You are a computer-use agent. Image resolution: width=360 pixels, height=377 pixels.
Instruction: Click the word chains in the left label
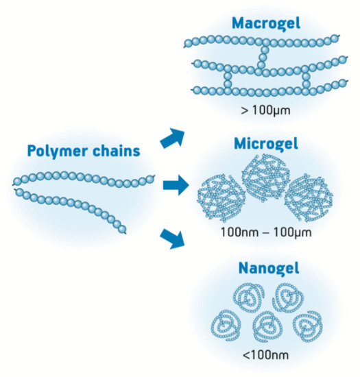click(119, 151)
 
